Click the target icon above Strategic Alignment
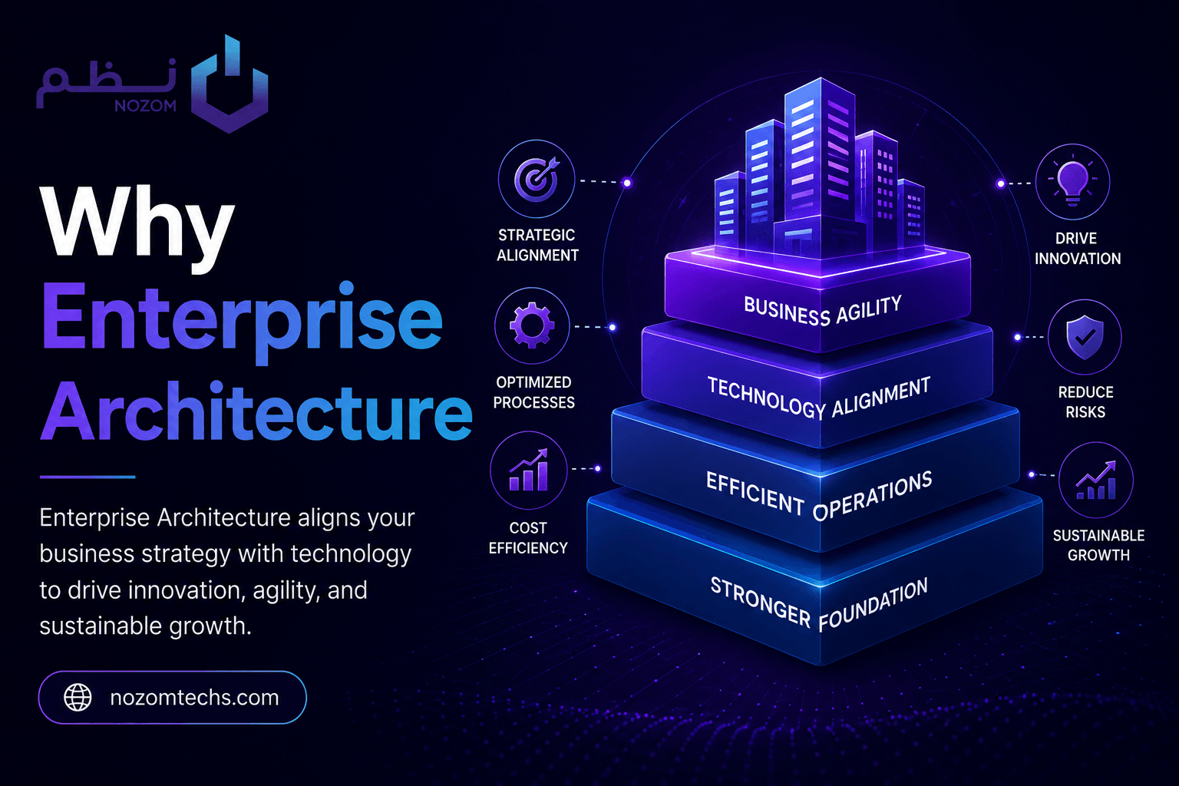click(x=537, y=179)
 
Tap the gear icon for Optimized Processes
click(x=532, y=325)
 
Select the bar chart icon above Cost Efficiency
click(x=529, y=470)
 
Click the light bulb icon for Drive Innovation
click(x=1072, y=182)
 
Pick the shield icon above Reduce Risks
click(x=1085, y=337)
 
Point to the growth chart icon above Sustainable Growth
click(x=1096, y=480)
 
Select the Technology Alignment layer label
click(x=819, y=398)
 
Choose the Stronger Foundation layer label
click(x=819, y=603)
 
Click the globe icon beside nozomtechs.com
click(x=78, y=698)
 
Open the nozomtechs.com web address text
click(x=194, y=698)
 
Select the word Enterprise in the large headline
click(x=242, y=320)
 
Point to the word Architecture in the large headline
click(x=256, y=411)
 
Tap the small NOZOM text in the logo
click(x=145, y=107)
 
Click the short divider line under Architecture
click(x=88, y=477)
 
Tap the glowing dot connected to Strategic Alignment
click(x=627, y=183)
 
